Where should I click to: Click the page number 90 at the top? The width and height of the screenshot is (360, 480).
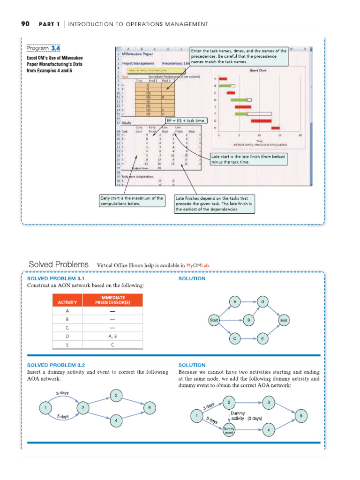pos(25,24)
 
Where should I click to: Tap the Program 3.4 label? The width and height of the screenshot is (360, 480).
pos(43,48)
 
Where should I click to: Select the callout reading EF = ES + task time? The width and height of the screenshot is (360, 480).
pos(186,120)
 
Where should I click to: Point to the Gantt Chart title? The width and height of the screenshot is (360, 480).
pos(258,70)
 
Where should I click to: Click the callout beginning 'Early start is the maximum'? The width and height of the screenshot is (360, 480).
pos(132,201)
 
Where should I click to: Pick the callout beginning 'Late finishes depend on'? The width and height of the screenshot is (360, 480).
pos(214,203)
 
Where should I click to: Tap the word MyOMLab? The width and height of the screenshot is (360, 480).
pos(197,265)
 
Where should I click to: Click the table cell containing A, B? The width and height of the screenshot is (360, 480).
pos(112,336)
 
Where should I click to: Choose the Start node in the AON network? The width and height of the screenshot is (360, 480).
pos(215,321)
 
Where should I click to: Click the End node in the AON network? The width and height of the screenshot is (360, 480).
pos(284,321)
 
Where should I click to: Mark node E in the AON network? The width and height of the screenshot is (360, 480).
pos(262,338)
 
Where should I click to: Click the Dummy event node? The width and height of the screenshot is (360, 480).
pos(229,430)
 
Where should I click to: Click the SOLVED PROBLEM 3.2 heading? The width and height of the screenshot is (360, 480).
pos(56,365)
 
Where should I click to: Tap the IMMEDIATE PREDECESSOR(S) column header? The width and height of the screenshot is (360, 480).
pos(112,300)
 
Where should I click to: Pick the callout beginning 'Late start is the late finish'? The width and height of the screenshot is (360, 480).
pos(248,159)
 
